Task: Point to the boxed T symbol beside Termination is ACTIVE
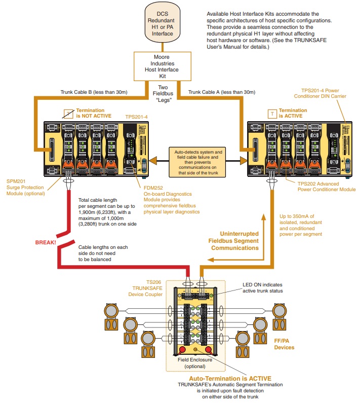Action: tap(273, 114)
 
